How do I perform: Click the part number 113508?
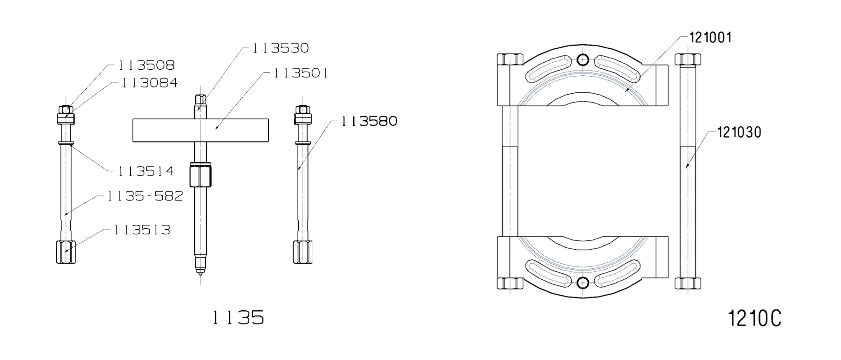(x=146, y=65)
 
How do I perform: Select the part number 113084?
(x=149, y=83)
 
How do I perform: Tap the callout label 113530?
(x=280, y=48)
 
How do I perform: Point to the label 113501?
(x=301, y=73)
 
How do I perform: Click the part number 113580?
(x=369, y=121)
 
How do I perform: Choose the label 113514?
(x=145, y=171)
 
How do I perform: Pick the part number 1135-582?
(x=145, y=196)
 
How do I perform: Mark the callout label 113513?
(x=142, y=230)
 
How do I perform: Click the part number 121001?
(x=711, y=38)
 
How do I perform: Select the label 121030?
(x=739, y=132)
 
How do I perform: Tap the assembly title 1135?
(x=238, y=318)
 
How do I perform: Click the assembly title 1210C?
(x=754, y=319)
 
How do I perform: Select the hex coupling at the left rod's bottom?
(x=66, y=252)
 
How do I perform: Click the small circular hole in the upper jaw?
(x=582, y=60)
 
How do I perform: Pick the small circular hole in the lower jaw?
(x=582, y=283)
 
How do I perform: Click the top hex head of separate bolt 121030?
(x=688, y=59)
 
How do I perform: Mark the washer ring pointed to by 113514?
(x=66, y=143)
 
